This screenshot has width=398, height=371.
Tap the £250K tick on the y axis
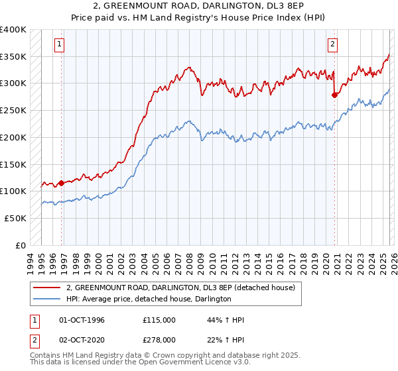[x=13, y=110]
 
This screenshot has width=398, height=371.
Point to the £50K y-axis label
[x=15, y=218]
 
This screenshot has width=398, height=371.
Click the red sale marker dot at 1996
[x=62, y=183]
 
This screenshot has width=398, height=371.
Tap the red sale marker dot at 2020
[x=334, y=95]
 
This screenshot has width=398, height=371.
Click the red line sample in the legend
[x=48, y=288]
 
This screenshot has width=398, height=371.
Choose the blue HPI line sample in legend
[x=48, y=299]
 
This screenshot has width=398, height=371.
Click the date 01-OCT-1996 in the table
[x=82, y=320]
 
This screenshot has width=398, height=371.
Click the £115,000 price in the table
[x=159, y=320]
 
